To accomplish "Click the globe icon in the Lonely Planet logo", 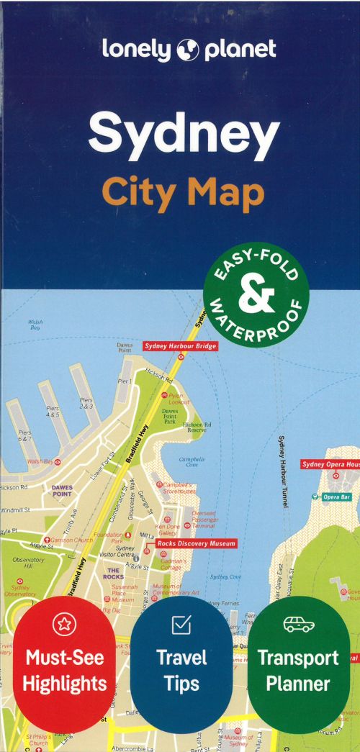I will pos(189,50).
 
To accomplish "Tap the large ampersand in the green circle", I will pos(256,294).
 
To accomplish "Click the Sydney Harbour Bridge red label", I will pos(180,346).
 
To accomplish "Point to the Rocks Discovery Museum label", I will pos(196,544).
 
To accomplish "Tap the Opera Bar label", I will pos(336,497).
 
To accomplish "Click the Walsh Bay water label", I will pos(34,325).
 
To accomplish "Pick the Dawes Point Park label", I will pos(170,415).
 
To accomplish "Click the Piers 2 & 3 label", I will pos(86,404).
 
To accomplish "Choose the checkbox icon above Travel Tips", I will pos(181,625).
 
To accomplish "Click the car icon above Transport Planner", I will pos(298,624).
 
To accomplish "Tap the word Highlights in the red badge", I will pos(64,683).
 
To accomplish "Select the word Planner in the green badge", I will pos(298,683).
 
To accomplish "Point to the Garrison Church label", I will pos(69,540).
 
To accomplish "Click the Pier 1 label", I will pos(124,381).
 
